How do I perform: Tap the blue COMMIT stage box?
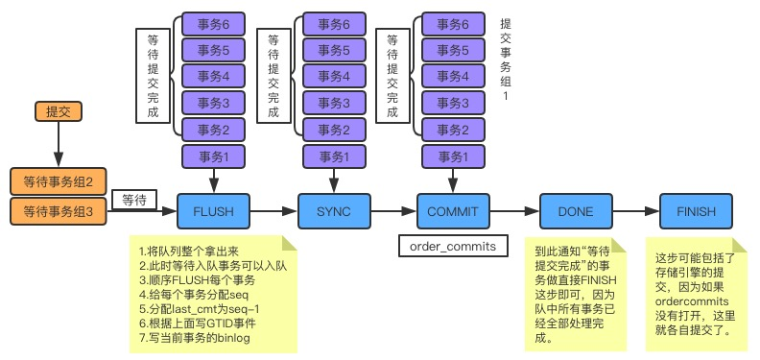tap(453, 210)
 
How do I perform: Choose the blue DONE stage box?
tap(575, 210)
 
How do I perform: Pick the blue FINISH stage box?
tap(695, 210)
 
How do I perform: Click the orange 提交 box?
tap(59, 111)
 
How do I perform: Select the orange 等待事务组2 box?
tap(59, 181)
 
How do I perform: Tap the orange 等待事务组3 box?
tap(59, 211)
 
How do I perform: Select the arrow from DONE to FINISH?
tap(634, 210)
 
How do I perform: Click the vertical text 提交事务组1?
tap(506, 58)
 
